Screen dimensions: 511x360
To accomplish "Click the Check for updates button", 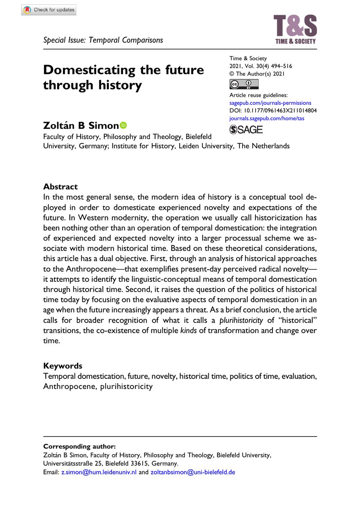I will pos(49,10).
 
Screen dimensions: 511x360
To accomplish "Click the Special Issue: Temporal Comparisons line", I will pos(103,40).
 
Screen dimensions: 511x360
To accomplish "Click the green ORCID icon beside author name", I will pos(123,125).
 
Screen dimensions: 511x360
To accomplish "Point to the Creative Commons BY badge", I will pos(244,84).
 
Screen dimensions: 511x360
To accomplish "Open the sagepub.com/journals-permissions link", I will pos(270,103).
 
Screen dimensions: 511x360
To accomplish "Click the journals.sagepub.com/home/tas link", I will pos(266,118).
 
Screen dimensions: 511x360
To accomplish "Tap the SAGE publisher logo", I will pos(246,130).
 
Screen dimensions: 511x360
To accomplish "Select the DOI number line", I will pos(273,111).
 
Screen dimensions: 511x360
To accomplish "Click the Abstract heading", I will pos(60,187).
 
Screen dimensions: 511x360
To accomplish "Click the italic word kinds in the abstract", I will pos(188,330).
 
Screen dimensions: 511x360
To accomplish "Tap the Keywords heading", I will pos(63,366).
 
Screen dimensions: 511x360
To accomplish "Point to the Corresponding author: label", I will pos(79,446).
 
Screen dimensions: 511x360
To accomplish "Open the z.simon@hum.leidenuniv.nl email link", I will pos(99,472).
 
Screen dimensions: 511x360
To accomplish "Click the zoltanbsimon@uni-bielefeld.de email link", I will pos(193,472).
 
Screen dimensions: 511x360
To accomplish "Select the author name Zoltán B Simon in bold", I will pos(81,125).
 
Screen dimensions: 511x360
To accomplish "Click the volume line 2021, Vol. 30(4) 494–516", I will pos(261,66).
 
